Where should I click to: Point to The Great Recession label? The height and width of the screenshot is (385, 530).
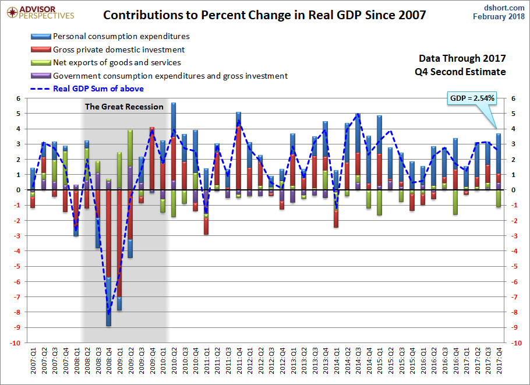tap(124, 107)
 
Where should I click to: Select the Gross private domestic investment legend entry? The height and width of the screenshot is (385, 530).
tap(118, 50)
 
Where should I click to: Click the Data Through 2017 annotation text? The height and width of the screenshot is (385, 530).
tap(462, 59)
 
